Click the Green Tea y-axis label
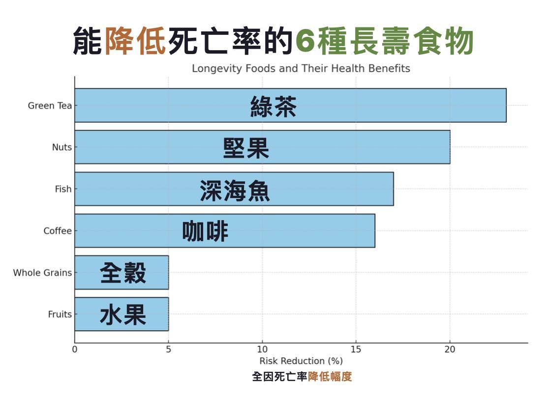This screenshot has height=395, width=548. coord(50,106)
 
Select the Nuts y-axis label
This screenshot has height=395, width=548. coord(61,147)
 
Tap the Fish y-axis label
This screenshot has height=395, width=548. coord(63,189)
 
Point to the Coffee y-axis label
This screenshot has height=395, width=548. coord(57,231)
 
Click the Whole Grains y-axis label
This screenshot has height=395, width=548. coord(42,273)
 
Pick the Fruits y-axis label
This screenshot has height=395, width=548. coord(60,314)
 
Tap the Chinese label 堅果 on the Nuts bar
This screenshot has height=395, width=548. coord(246,147)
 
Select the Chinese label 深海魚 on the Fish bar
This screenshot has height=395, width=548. coord(235,190)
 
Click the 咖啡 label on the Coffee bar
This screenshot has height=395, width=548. coord(205,231)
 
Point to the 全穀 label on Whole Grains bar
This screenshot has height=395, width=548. coord(122,273)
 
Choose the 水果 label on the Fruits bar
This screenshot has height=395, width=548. coord(122,314)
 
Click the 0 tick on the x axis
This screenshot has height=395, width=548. coord(75,350)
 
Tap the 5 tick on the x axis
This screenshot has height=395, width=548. coord(168,350)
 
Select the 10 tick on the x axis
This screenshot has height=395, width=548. coord(262,350)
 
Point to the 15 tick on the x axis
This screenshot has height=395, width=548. coord(356,350)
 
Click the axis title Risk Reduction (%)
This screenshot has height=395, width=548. coord(301,361)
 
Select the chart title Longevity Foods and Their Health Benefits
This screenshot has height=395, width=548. coord(301,68)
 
